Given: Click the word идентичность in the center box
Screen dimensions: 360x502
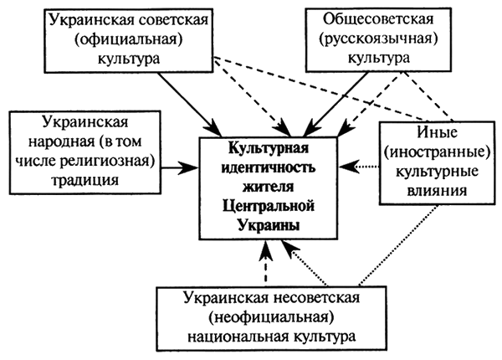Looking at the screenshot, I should (268, 166).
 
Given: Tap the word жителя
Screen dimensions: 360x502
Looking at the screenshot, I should (268, 185).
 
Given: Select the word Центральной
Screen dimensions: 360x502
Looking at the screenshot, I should (268, 205).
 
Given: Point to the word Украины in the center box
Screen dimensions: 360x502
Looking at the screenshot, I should (268, 224).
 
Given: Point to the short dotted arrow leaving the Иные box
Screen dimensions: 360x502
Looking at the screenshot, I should (362, 167).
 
